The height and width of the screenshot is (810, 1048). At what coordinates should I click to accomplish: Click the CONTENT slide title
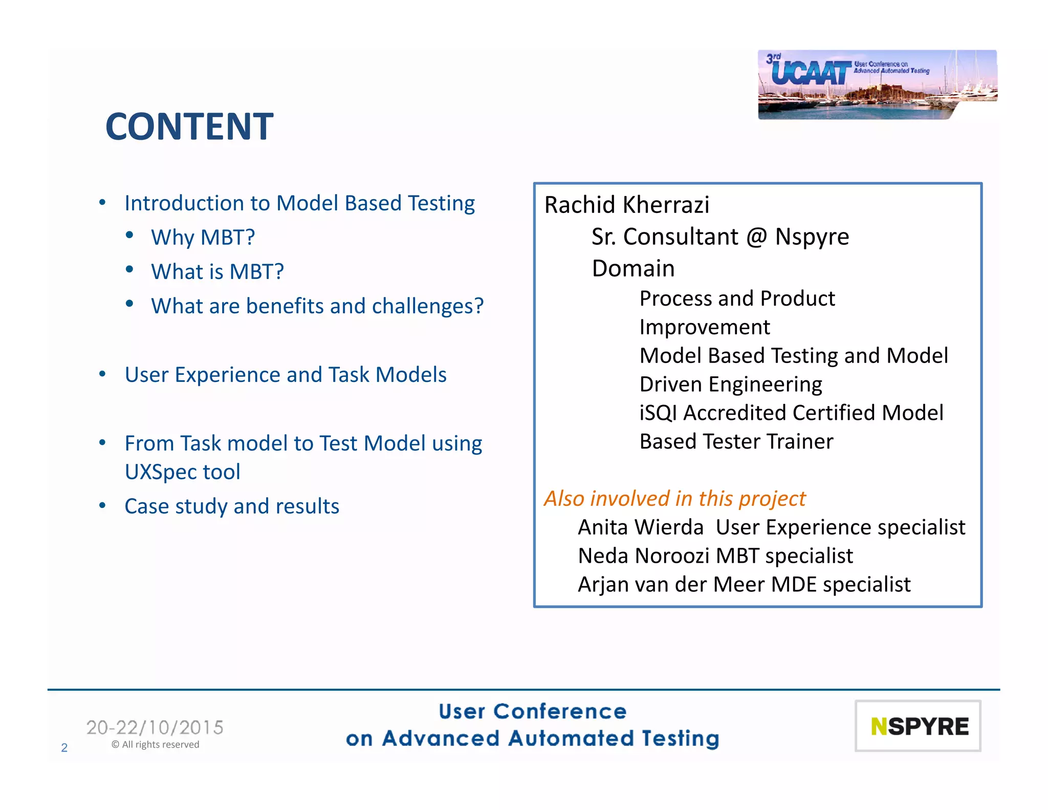189,126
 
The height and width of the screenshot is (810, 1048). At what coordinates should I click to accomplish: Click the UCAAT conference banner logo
877,84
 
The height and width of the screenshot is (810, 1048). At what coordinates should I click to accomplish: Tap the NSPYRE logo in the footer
918,726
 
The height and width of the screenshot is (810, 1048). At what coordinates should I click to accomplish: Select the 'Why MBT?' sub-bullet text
203,238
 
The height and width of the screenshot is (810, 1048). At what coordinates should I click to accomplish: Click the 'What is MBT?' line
217,272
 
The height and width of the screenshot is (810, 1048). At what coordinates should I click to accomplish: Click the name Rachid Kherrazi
626,205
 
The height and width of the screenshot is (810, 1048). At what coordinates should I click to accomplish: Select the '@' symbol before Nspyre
756,237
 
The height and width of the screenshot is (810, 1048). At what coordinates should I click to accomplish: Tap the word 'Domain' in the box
633,269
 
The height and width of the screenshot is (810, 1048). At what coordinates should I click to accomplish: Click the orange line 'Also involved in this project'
674,499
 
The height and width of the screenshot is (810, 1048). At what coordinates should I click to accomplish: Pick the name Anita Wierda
641,527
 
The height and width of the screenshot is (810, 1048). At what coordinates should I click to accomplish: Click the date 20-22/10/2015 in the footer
155,728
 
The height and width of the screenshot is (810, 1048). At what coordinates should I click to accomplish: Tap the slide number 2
64,748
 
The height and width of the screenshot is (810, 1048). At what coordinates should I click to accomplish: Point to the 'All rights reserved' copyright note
156,744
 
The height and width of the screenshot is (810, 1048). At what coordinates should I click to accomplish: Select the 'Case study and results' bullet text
231,506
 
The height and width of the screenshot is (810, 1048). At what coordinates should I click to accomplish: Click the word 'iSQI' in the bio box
658,413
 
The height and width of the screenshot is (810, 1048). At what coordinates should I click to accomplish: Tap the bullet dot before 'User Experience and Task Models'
102,374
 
